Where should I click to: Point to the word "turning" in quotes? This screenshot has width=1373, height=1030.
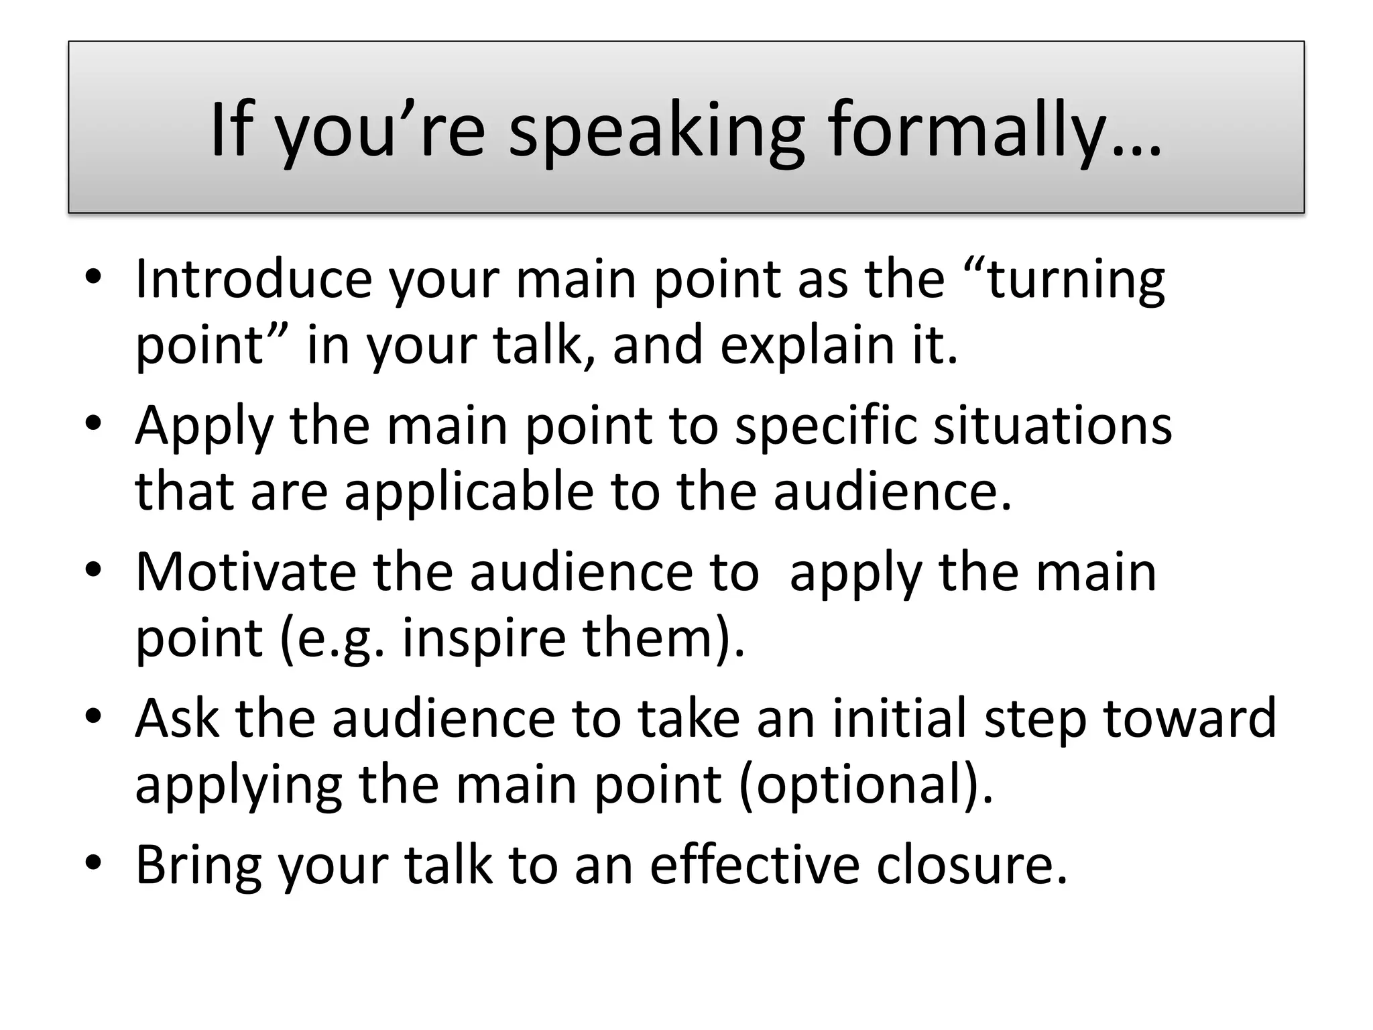tap(1076, 280)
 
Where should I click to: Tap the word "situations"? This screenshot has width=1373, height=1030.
tap(1053, 426)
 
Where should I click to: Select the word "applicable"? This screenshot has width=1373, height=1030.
tap(469, 492)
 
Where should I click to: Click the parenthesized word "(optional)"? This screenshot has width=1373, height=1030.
tap(865, 785)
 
